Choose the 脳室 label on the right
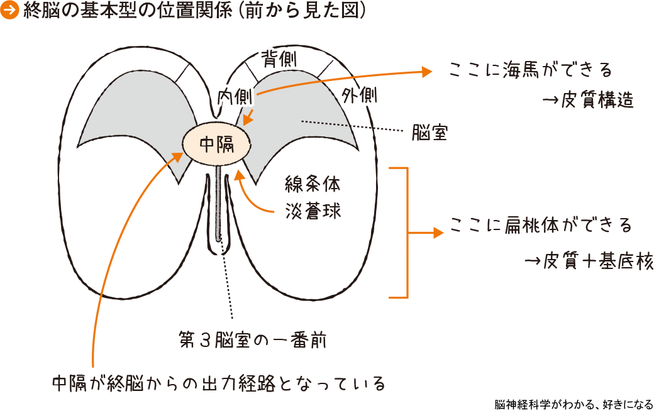430,133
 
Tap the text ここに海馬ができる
531,69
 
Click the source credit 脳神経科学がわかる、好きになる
574,404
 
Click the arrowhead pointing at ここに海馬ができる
428,71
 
